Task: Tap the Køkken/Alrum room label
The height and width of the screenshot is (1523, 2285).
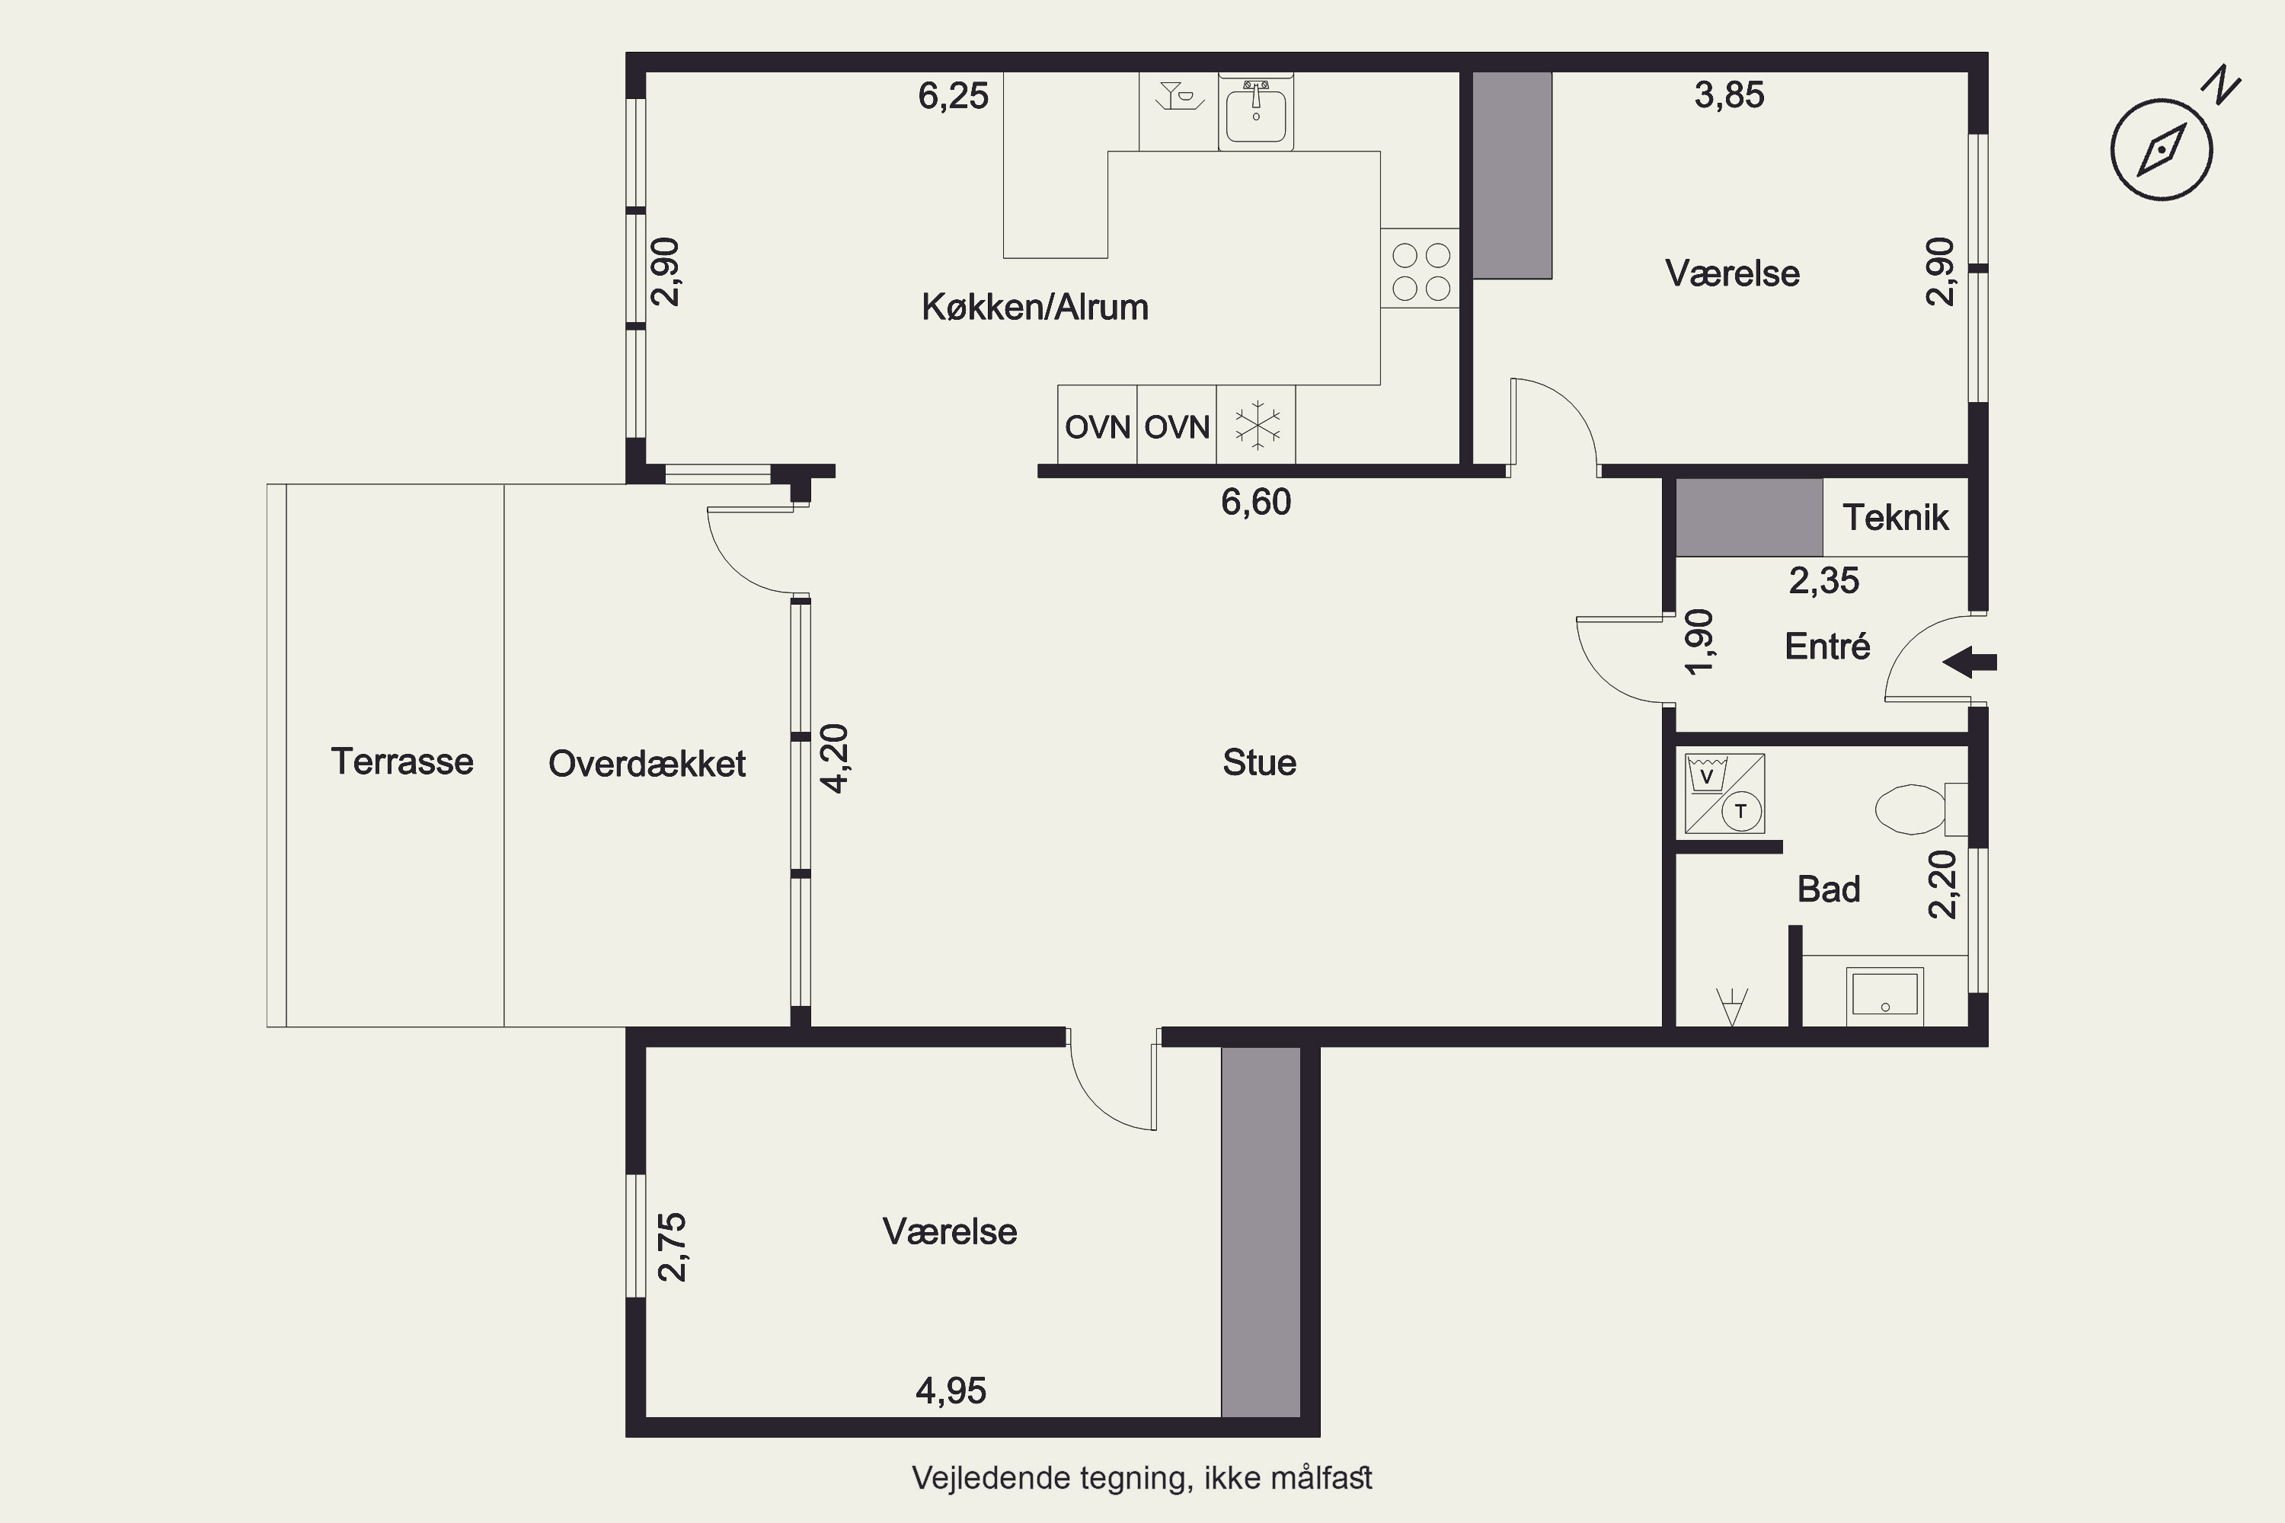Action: point(1034,307)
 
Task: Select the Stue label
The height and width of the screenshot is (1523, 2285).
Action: point(1259,762)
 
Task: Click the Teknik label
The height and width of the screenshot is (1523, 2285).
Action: point(1896,518)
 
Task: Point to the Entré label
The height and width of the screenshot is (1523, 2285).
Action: point(1827,646)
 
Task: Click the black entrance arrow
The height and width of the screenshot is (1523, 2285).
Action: point(1969,663)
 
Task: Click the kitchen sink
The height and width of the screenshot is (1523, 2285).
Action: point(1256,112)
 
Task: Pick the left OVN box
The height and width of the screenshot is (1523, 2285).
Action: point(1098,426)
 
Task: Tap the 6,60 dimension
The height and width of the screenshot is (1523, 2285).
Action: point(1256,502)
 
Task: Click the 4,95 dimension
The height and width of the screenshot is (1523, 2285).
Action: point(951,1391)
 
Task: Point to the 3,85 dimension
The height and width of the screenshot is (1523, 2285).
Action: point(1729,95)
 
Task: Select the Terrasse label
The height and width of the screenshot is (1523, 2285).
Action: point(402,761)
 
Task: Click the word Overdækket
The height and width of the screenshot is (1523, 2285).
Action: point(647,764)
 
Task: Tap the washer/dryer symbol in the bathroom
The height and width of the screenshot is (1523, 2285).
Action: point(1724,793)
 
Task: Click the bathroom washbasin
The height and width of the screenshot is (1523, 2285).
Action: point(1884,995)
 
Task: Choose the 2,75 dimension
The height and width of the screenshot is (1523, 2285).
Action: point(673,1247)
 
